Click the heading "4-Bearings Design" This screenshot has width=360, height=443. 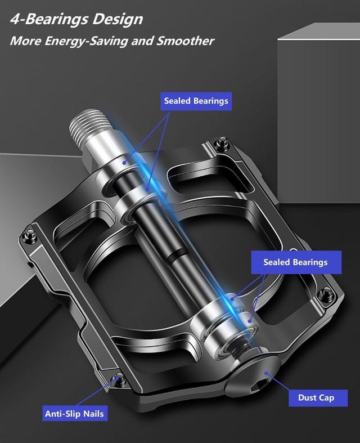point(76,20)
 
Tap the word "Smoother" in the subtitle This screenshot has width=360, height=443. point(185,41)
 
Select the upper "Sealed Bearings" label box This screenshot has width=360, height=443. point(196,101)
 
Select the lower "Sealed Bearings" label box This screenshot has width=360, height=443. point(296,262)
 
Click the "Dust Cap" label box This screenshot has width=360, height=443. point(318,398)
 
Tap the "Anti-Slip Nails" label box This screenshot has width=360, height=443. point(75,413)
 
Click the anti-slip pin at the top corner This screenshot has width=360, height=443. point(222,142)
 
